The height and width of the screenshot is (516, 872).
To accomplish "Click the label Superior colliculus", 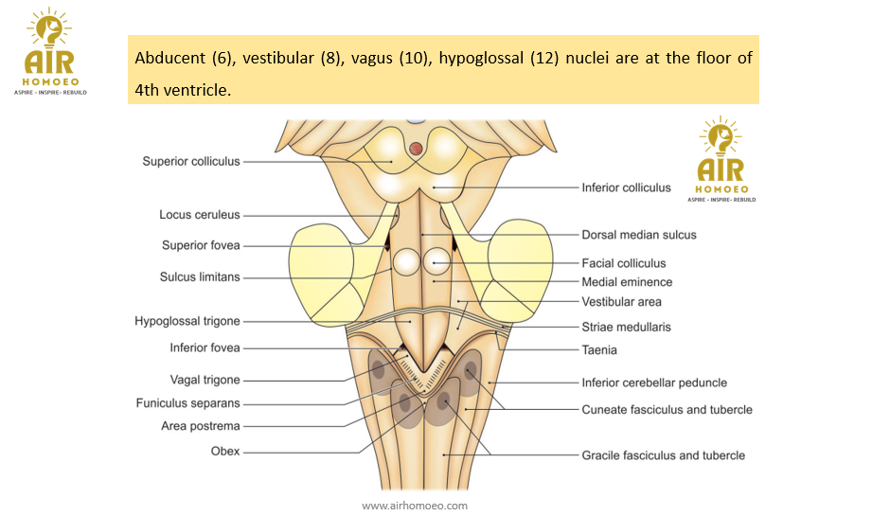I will tap(191, 161).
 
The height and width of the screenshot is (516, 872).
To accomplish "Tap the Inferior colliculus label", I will tap(626, 187).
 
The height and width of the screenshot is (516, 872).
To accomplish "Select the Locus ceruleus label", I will tap(199, 215).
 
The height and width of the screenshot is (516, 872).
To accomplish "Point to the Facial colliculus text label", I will tap(623, 263).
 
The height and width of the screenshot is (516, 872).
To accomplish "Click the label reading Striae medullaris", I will tap(626, 327).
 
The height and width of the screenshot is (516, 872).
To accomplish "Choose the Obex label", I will tap(225, 452).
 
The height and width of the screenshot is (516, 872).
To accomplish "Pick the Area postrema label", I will tap(201, 426).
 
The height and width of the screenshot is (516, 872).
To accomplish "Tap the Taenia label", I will tap(599, 349).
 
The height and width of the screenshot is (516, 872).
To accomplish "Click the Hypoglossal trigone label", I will tap(187, 321).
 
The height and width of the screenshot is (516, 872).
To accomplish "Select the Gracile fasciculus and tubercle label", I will tap(663, 455).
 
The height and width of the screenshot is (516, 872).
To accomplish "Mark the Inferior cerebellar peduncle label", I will tap(654, 383).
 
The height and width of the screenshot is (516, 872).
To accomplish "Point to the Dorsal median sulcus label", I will tap(638, 234).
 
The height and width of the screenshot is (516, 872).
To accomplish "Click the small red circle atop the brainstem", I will tap(416, 148).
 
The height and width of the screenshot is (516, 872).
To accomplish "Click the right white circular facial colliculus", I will tap(436, 262).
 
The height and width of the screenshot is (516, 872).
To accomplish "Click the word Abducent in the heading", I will tap(169, 58).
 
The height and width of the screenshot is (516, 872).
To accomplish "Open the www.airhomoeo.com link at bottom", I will tap(415, 506).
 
